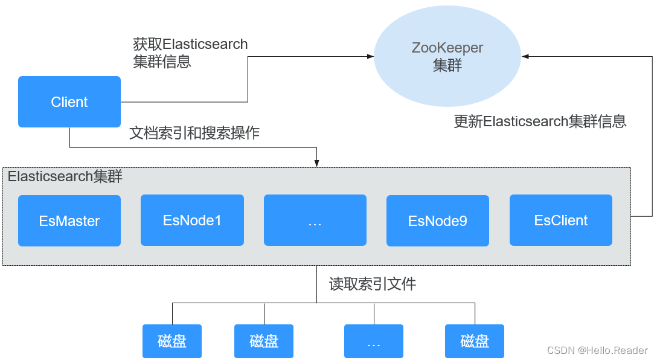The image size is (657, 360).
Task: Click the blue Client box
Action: point(69,101)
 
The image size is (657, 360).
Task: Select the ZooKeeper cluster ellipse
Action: point(447,56)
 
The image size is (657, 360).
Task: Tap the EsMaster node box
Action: point(69,220)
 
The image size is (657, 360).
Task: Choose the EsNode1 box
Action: point(192,220)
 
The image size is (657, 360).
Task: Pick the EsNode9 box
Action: point(438,220)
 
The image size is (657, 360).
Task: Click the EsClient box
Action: point(560,220)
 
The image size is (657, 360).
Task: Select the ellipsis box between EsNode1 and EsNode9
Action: point(315,220)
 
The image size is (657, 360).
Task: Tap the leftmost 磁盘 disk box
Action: point(172,341)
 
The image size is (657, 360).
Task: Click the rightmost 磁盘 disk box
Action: point(474,341)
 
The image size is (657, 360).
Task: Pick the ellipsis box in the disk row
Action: point(373,341)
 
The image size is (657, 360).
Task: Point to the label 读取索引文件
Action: point(372,284)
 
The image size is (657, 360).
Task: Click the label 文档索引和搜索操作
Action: point(194,133)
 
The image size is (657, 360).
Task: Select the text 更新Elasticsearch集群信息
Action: point(540,121)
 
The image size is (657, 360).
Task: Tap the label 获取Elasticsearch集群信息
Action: point(190,53)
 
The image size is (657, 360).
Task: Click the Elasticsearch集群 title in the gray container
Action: point(65,176)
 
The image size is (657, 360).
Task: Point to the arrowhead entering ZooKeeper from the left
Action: point(371,57)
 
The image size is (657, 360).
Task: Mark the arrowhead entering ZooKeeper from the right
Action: point(525,56)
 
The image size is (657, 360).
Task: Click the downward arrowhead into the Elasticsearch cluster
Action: point(316,164)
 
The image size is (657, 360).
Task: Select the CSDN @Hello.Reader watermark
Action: point(597,350)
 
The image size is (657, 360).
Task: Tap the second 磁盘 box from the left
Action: point(264,341)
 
